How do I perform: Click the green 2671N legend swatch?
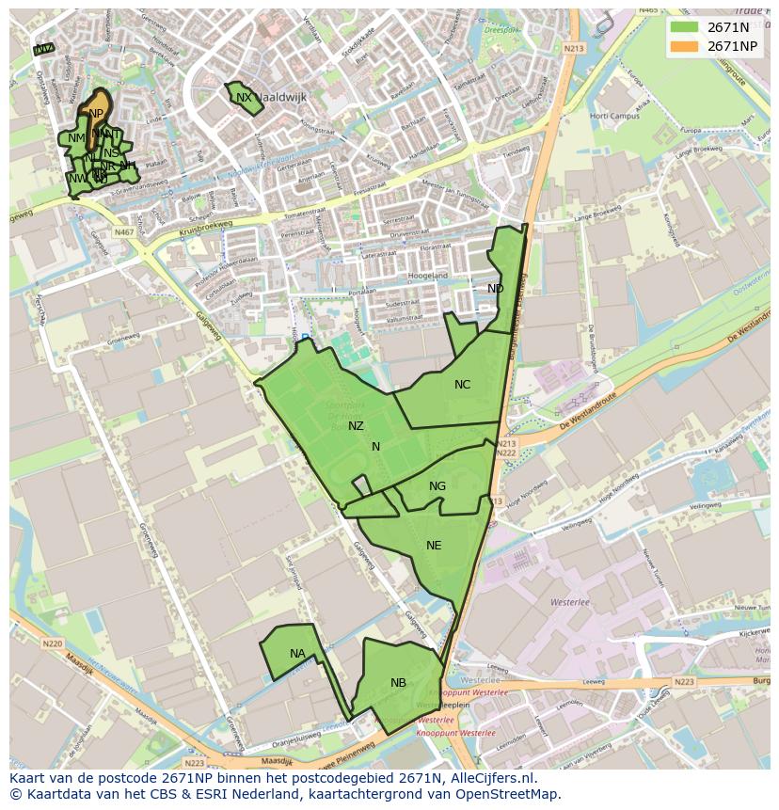(x=684, y=27)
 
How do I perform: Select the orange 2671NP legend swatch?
(x=684, y=46)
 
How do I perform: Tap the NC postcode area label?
(x=462, y=385)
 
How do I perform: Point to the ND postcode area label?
(x=495, y=289)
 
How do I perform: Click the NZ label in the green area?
(x=356, y=426)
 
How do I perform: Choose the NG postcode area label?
(x=437, y=486)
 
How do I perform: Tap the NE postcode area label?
(x=434, y=546)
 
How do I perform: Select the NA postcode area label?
(x=297, y=654)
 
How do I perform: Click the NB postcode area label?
(x=398, y=683)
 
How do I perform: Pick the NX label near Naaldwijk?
(x=244, y=98)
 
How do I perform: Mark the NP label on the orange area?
(x=96, y=114)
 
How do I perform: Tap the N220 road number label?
(x=52, y=644)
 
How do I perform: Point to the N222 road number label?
(x=507, y=453)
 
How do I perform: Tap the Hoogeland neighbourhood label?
(x=427, y=276)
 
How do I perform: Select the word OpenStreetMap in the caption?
(x=508, y=794)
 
